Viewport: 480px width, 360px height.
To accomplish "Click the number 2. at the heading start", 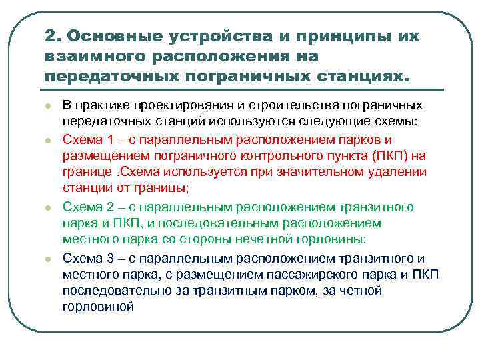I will [x=54, y=36].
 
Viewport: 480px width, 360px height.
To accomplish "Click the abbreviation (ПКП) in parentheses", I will [x=393, y=156].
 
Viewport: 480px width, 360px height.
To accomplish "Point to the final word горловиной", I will [x=98, y=307].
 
